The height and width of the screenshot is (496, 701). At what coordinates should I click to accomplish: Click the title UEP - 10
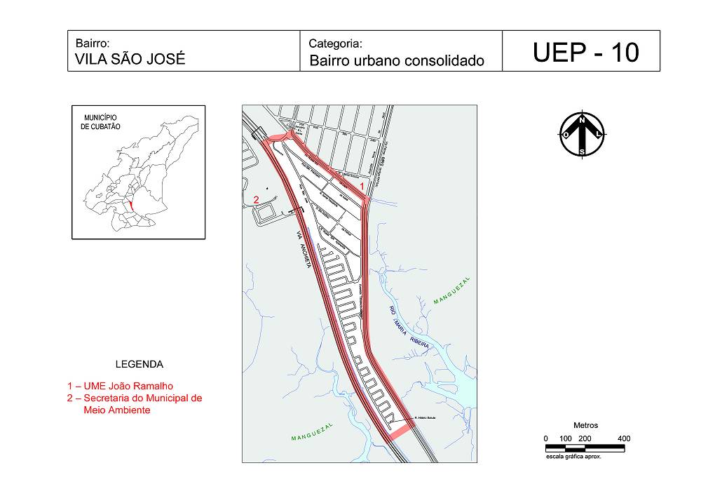coord(585,53)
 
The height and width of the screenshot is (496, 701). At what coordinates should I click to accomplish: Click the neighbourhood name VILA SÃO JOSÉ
coord(130,60)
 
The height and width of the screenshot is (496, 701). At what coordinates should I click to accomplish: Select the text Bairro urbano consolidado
coord(397,61)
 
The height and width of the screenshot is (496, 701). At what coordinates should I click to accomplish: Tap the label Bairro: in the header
coord(92,43)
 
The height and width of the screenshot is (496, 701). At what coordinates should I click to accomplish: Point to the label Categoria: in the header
coord(335,43)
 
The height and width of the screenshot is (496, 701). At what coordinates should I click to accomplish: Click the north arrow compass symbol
coord(582,135)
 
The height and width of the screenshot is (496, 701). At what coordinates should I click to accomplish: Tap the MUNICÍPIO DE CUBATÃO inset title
coord(101,122)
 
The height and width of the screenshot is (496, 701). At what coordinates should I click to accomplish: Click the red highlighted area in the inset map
coord(131,205)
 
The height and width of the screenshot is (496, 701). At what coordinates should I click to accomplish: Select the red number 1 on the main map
coord(362,185)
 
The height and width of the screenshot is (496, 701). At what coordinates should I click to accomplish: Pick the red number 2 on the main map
coord(257,200)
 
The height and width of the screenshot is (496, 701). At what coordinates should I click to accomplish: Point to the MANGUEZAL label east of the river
coord(452,290)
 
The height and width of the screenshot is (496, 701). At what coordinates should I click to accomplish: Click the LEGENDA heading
coord(139,365)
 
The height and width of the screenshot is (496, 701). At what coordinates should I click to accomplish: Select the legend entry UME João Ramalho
coord(120,386)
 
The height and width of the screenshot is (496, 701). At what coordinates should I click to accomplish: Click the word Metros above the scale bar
coord(585,426)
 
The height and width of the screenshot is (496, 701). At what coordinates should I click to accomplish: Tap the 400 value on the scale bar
coord(623,439)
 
